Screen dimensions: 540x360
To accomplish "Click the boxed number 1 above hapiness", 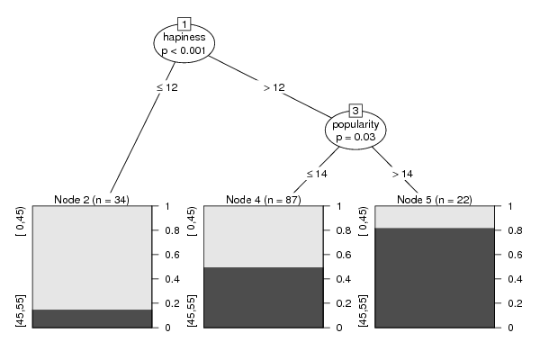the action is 184,24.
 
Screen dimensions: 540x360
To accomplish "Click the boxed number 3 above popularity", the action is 355,111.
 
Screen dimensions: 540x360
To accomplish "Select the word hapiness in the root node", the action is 184,37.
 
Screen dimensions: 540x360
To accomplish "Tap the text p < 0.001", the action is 184,50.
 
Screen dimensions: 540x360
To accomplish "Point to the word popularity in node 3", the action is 355,124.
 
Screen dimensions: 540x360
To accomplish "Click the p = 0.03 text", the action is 355,137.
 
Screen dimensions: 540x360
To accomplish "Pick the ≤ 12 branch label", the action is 167,87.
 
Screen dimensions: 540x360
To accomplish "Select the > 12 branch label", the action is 274,87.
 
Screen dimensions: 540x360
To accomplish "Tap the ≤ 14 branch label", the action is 317,174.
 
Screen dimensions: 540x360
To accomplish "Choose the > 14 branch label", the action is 402,174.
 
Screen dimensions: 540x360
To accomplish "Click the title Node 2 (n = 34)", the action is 92,200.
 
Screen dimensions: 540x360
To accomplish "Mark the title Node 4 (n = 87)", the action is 264,200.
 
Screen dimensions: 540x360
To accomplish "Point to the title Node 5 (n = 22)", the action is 435,200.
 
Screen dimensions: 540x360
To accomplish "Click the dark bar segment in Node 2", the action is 93,319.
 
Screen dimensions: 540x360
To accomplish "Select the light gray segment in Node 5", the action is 435,217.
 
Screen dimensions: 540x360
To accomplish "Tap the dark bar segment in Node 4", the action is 264,297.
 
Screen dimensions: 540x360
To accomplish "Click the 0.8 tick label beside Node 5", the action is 515,230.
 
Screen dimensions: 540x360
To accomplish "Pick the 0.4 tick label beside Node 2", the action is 172,279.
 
